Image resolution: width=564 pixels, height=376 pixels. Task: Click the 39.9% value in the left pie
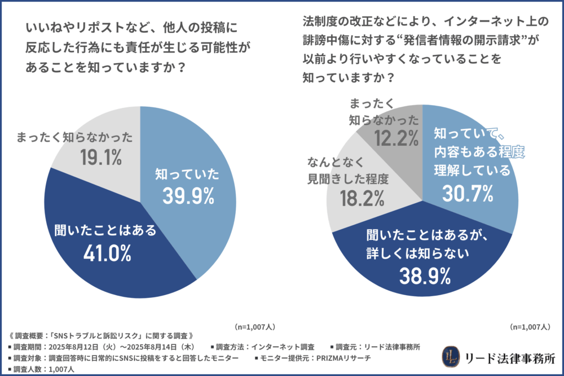pos(185,196)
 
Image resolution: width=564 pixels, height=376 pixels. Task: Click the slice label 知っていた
pos(185,175)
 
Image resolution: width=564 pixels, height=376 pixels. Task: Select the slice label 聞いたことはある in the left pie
pos(105,230)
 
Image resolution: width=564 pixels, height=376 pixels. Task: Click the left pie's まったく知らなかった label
pos(74,138)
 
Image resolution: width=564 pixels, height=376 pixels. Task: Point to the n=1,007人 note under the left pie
pos(254,326)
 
